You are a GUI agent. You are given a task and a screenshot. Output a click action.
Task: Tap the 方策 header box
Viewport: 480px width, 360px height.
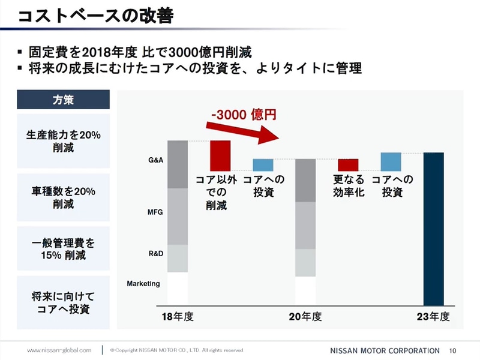click(x=63, y=100)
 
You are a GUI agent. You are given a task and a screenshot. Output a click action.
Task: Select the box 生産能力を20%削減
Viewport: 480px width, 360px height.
click(x=63, y=140)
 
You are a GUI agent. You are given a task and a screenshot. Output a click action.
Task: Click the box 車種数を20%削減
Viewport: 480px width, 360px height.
click(x=63, y=197)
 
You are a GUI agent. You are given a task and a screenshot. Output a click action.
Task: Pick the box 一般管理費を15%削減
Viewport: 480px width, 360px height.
click(x=63, y=250)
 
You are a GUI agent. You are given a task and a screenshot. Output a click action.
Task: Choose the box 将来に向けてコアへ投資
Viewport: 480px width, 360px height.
click(x=63, y=302)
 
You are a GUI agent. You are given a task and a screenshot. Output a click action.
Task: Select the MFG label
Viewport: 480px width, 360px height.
click(x=155, y=212)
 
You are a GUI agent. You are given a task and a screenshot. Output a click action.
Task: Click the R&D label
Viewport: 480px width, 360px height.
click(x=155, y=254)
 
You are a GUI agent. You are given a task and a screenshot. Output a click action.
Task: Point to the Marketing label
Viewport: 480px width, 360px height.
click(x=143, y=283)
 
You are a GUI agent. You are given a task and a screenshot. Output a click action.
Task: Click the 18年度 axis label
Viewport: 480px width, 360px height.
click(x=178, y=316)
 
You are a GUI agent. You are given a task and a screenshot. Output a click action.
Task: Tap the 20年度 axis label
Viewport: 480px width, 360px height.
click(x=305, y=316)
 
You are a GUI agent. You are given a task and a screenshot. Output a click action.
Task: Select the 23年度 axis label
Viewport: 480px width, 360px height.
click(x=433, y=316)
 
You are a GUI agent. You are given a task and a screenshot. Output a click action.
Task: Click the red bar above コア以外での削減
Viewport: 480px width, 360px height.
click(x=220, y=155)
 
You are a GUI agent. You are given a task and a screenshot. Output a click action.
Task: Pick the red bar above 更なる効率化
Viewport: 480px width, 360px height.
click(x=348, y=164)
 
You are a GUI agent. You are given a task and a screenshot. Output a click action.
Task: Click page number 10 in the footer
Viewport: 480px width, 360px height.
click(x=453, y=350)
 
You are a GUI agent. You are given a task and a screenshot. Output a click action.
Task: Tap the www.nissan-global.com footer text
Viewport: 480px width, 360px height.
click(x=59, y=350)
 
